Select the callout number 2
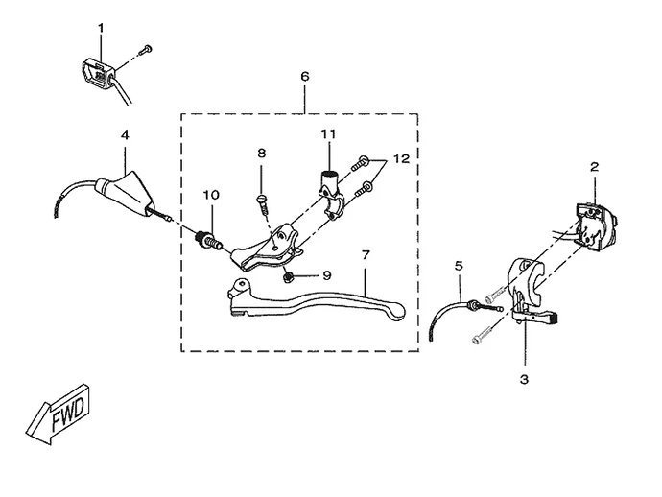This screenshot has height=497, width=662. [x=595, y=167]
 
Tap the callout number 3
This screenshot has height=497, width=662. [x=524, y=379]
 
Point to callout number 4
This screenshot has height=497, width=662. [x=125, y=135]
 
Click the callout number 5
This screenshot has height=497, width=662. [x=459, y=264]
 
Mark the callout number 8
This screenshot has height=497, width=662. [x=260, y=153]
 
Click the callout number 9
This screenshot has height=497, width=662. [x=326, y=275]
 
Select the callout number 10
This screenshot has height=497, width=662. [x=210, y=195]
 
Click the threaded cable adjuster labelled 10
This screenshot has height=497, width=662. [x=206, y=239]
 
